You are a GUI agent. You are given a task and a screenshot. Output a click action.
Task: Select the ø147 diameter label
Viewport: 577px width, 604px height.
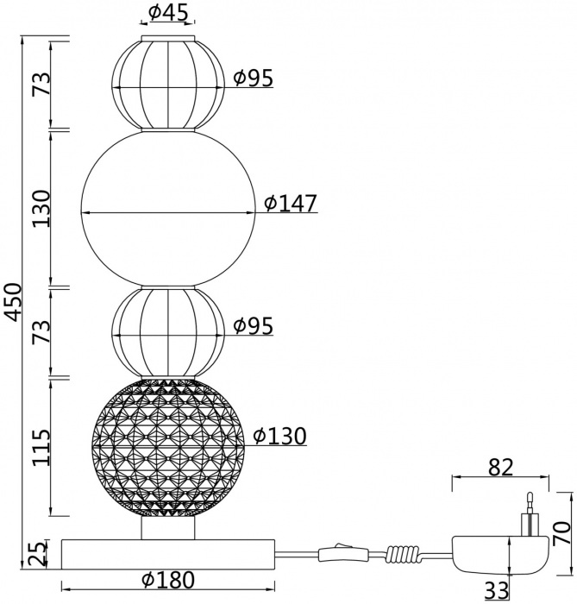pyautogui.click(x=291, y=204)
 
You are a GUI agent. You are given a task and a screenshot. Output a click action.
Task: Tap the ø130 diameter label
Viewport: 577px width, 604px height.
pyautogui.click(x=279, y=437)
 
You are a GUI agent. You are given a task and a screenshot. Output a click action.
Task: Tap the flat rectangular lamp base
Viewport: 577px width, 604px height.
pyautogui.click(x=168, y=553)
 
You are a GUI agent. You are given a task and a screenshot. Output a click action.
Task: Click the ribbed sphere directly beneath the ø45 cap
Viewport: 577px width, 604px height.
pyautogui.click(x=168, y=82)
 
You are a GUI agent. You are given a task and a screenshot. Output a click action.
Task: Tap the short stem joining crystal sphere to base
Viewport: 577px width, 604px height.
pyautogui.click(x=168, y=527)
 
